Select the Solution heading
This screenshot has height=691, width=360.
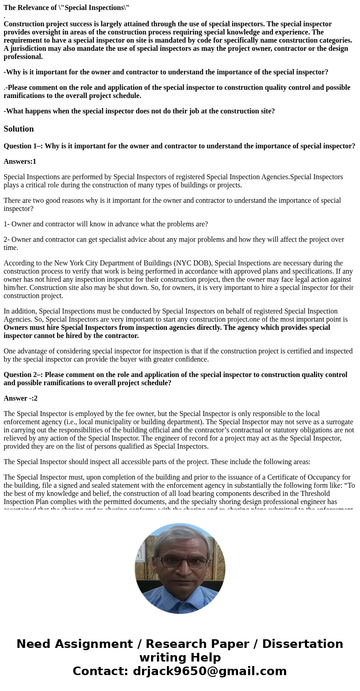(19, 129)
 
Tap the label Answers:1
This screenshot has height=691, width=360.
(19, 162)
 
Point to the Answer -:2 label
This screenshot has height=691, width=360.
(20, 398)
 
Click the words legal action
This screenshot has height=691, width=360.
(316, 279)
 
